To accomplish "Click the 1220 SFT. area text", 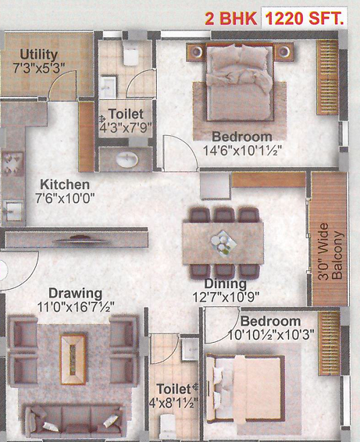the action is (305, 19).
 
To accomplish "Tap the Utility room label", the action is (38, 55).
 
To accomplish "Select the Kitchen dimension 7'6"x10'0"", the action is (65, 198).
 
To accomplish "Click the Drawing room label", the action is (76, 294).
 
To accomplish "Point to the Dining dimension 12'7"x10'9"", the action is (226, 297).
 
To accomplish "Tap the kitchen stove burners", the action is (13, 163).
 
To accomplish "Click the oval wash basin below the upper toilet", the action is (127, 159).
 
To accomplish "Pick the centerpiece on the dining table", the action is (223, 243).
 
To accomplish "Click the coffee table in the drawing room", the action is (73, 359).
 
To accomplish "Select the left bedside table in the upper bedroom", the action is (197, 52).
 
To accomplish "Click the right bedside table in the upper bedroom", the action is (283, 52).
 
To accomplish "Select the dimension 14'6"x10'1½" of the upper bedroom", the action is (243, 151).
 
